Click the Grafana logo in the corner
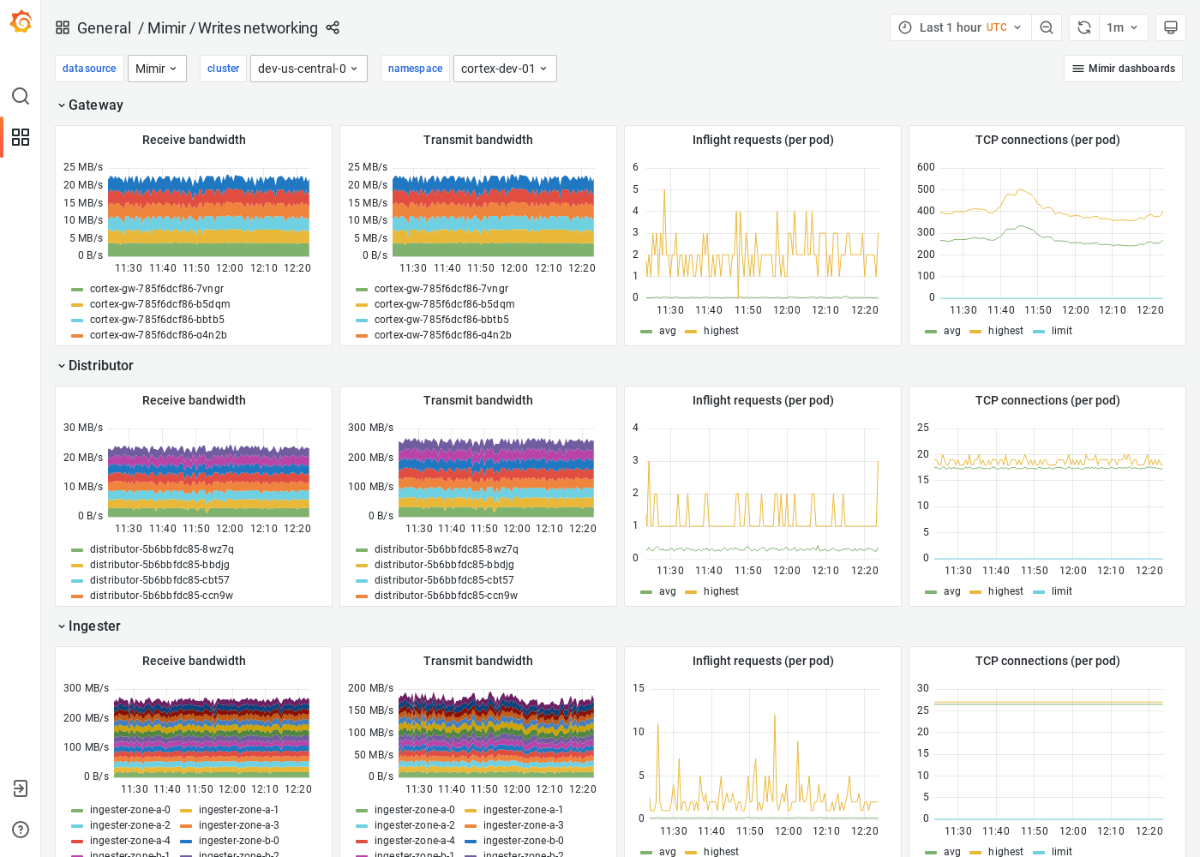pos(21,22)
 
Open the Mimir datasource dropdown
pos(157,69)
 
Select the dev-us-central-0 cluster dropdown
pos(309,69)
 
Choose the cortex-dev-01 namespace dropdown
pos(504,69)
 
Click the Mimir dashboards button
pos(1123,69)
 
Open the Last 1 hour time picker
pos(960,27)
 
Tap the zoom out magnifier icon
pos(1047,27)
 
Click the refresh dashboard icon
pos(1084,27)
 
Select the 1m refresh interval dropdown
pos(1122,27)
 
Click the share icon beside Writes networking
pos(333,27)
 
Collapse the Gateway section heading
pos(95,105)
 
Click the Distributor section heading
pos(100,365)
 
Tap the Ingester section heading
pos(94,626)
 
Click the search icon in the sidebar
pos(21,96)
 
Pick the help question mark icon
pos(21,830)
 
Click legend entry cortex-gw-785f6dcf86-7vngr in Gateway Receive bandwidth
pos(156,289)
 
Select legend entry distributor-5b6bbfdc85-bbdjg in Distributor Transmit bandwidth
pos(443,565)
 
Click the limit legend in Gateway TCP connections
pos(1061,331)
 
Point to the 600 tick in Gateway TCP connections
pos(926,167)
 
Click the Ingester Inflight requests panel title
pos(762,661)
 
